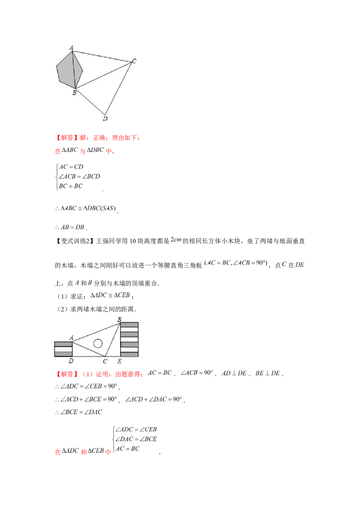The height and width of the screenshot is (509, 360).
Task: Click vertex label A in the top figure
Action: coord(71,47)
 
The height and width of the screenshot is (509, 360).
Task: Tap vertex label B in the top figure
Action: coord(74,93)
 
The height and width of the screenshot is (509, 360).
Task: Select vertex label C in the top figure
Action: coord(134,61)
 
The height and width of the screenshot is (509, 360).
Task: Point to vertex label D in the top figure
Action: coord(105,119)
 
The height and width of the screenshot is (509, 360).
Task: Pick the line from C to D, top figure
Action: coord(118,88)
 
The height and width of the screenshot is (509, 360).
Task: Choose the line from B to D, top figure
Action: coord(90,102)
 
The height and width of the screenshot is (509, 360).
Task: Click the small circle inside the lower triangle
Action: coord(98,344)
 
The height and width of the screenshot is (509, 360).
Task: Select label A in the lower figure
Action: coord(71,337)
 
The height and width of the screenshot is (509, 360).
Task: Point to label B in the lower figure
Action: coord(119,319)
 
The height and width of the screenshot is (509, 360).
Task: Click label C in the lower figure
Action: coord(105,361)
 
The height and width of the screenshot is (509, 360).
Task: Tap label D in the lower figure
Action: coord(71,361)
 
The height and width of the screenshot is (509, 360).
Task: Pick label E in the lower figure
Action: coord(119,361)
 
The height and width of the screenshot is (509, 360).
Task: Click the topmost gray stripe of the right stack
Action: coord(129,325)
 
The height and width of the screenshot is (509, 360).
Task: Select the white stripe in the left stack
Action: coord(63,349)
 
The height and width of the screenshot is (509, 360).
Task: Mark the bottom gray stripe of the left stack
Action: coord(63,354)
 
